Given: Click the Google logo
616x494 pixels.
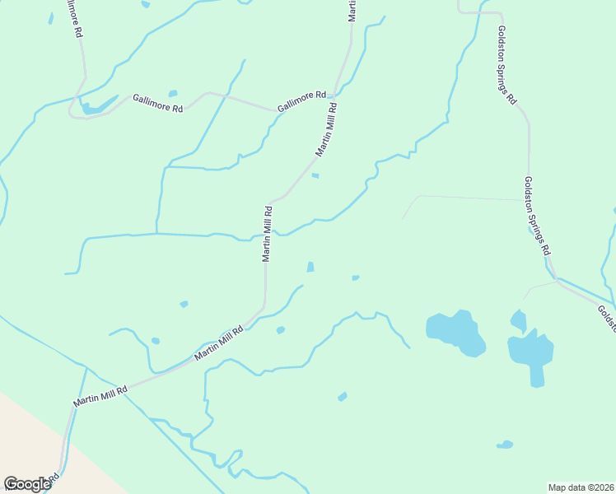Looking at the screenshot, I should [x=27, y=483].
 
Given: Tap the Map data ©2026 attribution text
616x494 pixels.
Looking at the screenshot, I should [x=581, y=487].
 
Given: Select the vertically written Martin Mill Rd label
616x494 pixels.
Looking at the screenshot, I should [x=267, y=234].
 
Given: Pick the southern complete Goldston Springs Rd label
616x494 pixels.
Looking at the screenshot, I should [x=539, y=216].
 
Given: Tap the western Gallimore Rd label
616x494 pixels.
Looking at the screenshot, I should [x=157, y=103].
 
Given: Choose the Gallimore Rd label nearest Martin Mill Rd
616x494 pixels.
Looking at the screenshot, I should [x=301, y=101].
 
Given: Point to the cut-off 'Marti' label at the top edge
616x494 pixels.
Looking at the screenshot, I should [x=352, y=10].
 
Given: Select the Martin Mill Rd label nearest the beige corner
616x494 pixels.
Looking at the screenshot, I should [x=100, y=397].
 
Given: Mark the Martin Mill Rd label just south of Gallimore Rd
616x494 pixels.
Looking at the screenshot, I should [x=326, y=129].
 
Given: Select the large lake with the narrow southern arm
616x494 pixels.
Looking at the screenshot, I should [x=531, y=354].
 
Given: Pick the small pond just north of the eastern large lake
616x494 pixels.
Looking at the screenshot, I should [x=518, y=320].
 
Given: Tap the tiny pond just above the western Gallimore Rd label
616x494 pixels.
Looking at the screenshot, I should [x=173, y=93].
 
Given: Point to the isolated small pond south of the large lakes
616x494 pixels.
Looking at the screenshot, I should [x=505, y=445].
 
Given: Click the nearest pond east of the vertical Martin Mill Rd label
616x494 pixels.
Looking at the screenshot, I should [x=310, y=267].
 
